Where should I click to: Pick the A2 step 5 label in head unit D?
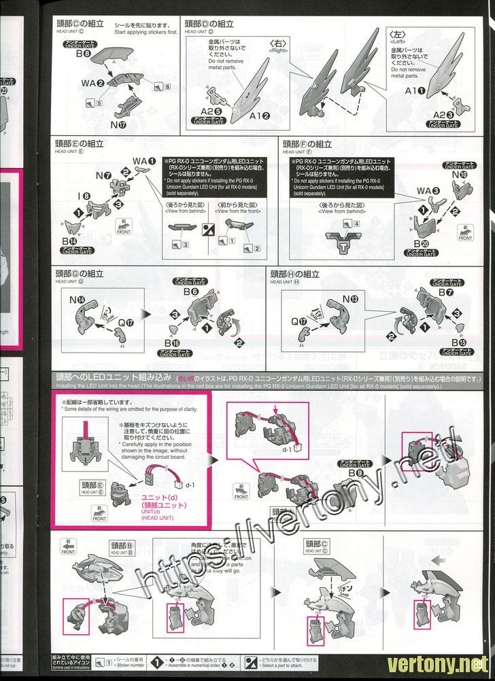[x=211, y=110]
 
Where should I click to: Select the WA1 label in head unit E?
[x=142, y=160]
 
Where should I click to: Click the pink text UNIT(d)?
[x=153, y=510]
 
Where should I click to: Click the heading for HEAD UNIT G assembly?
[x=82, y=274]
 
